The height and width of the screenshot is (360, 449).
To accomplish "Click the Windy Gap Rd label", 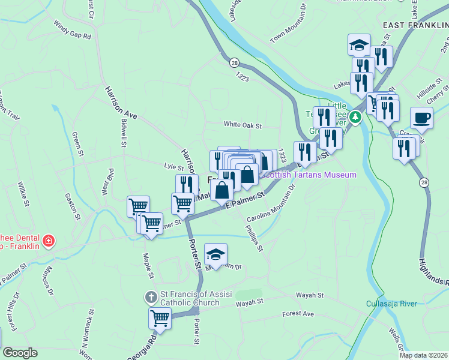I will tap(72, 31).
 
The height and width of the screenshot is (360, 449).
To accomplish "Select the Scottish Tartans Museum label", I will tap(310, 175).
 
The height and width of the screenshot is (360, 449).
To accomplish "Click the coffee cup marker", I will tap(421, 118).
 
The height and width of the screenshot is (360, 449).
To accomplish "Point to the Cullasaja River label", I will tap(391, 304).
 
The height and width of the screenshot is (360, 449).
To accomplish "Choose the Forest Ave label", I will tap(298, 314).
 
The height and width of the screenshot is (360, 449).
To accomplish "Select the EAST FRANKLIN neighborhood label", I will tap(414, 25).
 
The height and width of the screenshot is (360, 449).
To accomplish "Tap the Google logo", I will tap(19, 353).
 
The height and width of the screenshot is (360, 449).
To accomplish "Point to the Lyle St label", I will tap(173, 166).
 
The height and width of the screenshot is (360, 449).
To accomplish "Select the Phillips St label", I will tap(255, 238).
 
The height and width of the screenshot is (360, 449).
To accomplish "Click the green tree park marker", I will tap(356, 116).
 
